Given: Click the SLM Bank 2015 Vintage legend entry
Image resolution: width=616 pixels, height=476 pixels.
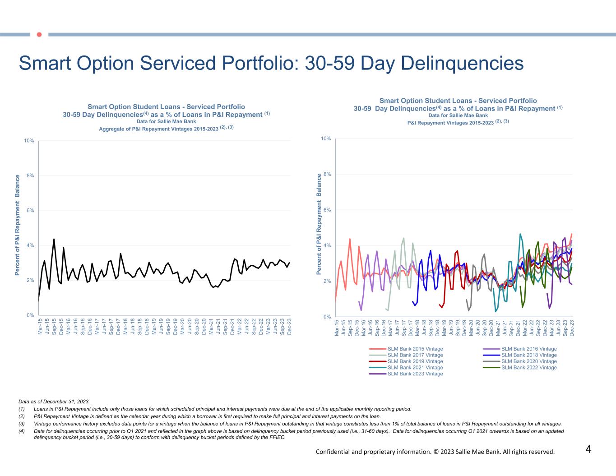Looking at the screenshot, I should coord(415,349).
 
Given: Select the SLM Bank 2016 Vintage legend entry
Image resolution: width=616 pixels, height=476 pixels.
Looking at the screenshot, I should coord(528,349).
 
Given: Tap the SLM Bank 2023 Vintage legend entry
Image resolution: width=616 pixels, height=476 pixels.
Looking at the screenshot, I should coord(415,374).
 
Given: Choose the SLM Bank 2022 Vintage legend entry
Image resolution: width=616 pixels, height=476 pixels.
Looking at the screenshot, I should coord(528,367).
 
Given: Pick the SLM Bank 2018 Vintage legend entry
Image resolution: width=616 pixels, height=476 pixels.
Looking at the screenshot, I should coord(528,355).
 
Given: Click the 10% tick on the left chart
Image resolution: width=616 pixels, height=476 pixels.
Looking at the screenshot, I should coord(29,141).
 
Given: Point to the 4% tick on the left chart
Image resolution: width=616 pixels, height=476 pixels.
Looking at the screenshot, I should coord(30,245).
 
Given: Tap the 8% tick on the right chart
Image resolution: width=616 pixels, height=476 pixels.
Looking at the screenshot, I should coord(326,174).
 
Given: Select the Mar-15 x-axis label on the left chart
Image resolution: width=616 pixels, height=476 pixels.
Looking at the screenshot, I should coord(40,326).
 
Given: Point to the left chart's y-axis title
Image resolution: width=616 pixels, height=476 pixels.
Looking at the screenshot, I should coord(18,225).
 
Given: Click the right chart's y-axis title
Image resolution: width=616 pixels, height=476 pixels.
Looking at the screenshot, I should coord(319,224).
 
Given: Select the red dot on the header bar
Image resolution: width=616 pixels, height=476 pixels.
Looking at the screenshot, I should coord(39,34).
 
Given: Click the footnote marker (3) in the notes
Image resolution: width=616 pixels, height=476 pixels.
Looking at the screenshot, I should coord(22,424).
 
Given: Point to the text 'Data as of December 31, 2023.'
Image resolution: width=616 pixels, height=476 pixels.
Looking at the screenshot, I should coord(54,401).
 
